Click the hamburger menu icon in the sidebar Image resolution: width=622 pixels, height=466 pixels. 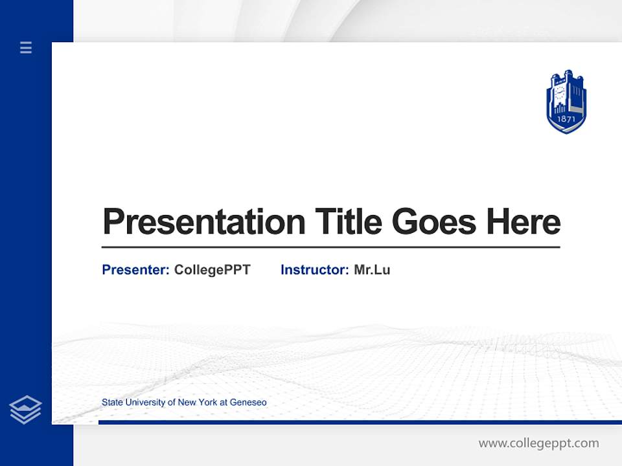click(26, 47)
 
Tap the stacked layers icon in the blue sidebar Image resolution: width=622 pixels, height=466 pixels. click(25, 410)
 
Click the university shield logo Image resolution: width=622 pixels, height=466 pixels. click(566, 102)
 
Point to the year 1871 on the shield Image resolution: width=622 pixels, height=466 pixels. click(566, 120)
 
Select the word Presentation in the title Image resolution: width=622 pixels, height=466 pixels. click(203, 222)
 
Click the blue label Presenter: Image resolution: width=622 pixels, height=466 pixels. click(135, 270)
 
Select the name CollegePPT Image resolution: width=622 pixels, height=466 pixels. click(212, 270)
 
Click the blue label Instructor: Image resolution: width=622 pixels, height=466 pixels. click(314, 270)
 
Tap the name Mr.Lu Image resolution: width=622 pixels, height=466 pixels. click(372, 270)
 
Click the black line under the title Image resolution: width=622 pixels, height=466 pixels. click(330, 247)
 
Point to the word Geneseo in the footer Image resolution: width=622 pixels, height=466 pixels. click(248, 403)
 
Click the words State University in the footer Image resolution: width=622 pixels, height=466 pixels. click(134, 403)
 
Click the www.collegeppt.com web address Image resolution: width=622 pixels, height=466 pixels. click(538, 443)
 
